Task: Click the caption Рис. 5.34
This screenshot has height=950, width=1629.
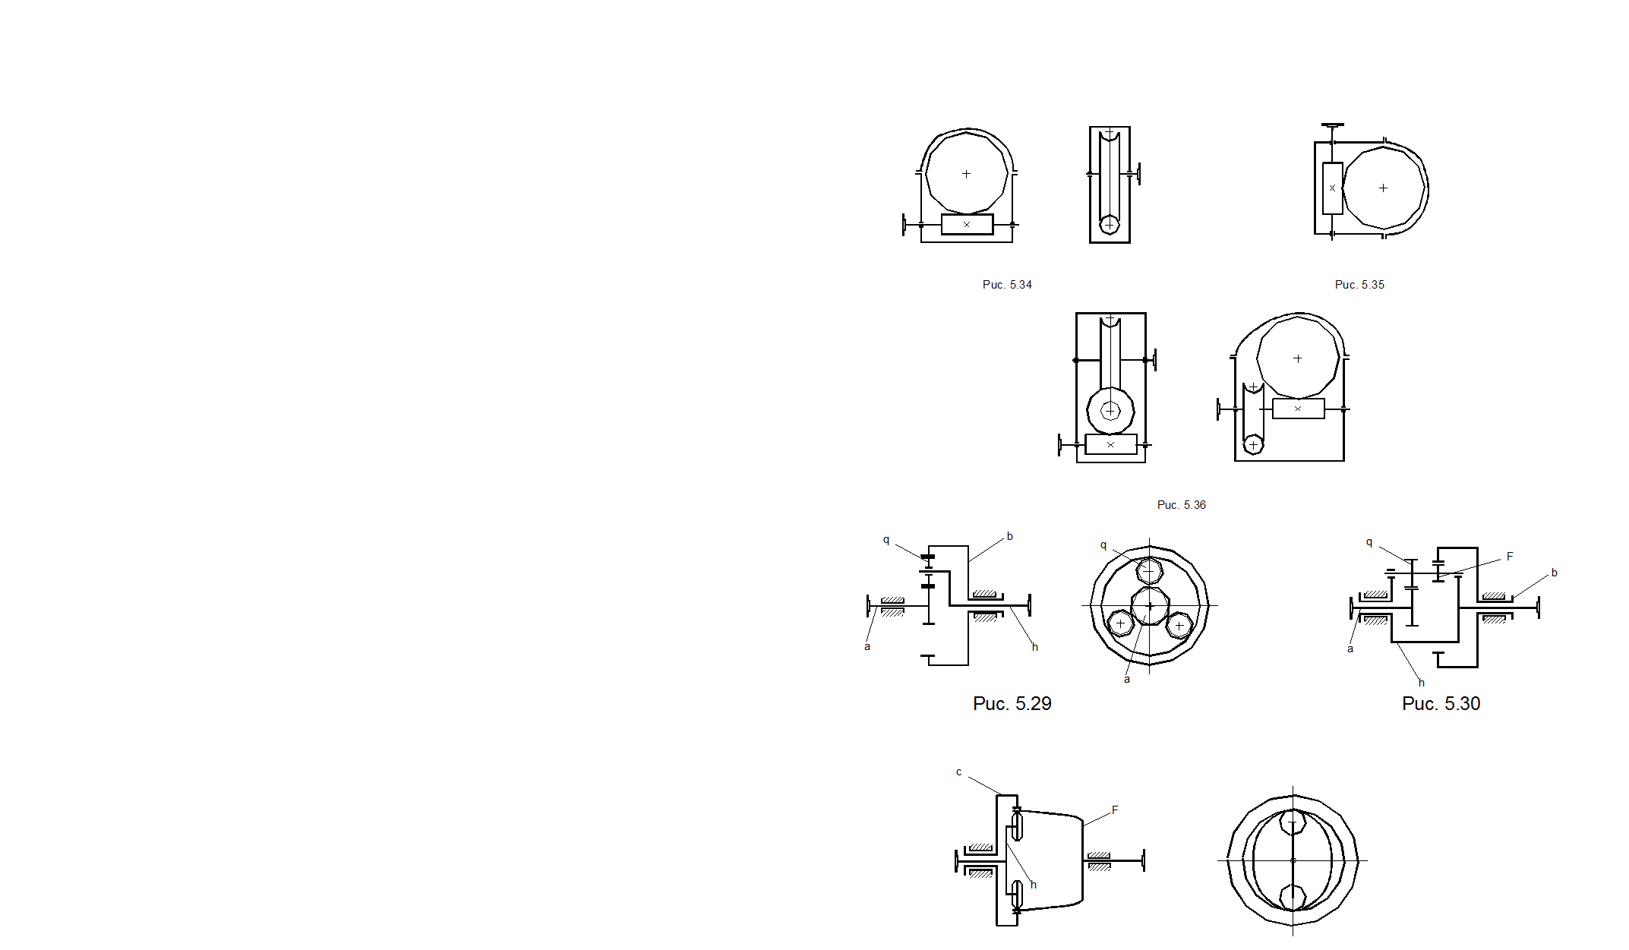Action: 1007,285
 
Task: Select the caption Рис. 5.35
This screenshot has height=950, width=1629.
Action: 1359,285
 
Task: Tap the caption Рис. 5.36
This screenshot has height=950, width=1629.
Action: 1181,505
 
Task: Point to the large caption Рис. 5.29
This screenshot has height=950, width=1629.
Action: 1012,704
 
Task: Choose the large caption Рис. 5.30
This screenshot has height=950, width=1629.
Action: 1441,704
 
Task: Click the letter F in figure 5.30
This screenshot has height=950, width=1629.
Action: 1510,557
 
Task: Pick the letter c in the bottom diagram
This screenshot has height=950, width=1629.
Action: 958,772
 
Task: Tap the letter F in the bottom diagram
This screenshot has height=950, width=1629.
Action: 1115,810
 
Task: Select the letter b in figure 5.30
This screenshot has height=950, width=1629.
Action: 1554,573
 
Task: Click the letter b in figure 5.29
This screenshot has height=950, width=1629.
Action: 1009,536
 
